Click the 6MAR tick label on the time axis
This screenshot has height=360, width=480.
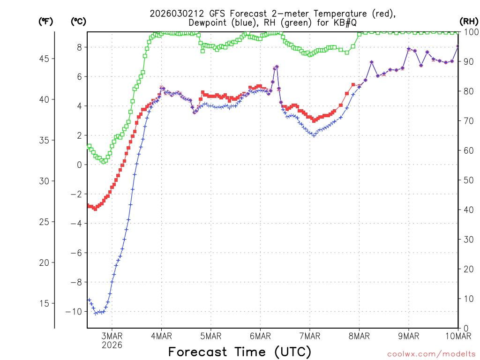260,336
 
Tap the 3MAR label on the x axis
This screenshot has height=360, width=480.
112,336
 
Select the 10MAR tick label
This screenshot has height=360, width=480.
457,336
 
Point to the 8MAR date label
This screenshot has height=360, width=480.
359,336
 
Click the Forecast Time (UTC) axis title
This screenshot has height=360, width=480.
240,352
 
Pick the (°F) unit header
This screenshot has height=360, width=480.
46,21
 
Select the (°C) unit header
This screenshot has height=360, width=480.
79,21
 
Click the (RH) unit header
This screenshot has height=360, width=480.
468,21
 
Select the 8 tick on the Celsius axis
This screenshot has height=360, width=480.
80,47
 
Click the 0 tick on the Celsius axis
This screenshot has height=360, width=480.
80,165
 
